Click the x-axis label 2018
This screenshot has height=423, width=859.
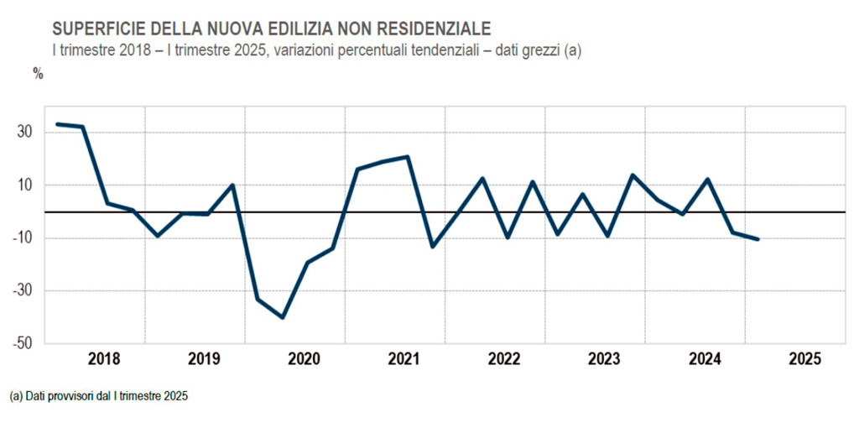coord(104,359)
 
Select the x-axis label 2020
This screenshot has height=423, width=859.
coord(305,359)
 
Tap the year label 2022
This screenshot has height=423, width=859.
coord(505,359)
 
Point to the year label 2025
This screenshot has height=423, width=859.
coord(805,359)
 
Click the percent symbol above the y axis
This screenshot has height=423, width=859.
coord(38,72)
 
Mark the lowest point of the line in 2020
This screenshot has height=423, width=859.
coord(283,317)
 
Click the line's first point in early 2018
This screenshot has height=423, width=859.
coord(57,124)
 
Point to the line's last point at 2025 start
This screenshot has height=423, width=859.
coord(758,239)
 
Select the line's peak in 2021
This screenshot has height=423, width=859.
coord(408,157)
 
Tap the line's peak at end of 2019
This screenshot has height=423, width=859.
coord(232,185)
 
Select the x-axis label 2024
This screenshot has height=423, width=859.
coord(705,359)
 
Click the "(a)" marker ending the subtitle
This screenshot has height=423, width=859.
coord(572,50)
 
